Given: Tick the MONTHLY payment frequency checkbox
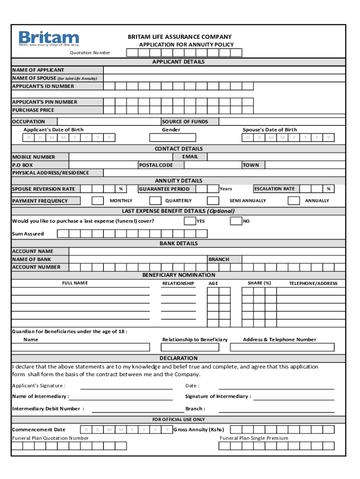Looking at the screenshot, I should [98, 201].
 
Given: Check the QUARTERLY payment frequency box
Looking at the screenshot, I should [155, 201].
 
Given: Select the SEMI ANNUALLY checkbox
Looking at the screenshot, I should [213, 201].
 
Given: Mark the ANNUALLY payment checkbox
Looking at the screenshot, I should [294, 201].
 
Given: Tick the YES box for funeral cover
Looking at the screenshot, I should [190, 221].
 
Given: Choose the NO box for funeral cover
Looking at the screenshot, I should [236, 221].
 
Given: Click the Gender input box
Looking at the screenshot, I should [173, 138].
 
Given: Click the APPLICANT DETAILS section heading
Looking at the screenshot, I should [178, 62].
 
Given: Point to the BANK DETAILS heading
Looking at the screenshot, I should [179, 243].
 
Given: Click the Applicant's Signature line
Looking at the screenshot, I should [126, 386].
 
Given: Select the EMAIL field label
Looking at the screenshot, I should [190, 157].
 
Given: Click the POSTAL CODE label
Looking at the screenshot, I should [156, 165].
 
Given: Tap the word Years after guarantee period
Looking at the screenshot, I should [226, 189].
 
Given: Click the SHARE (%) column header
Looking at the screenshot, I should [259, 283].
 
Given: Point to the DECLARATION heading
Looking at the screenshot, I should [179, 358].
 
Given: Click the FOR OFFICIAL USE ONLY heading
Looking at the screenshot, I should [179, 420].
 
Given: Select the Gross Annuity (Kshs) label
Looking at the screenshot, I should [199, 429].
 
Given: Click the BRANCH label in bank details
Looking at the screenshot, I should [219, 259].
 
